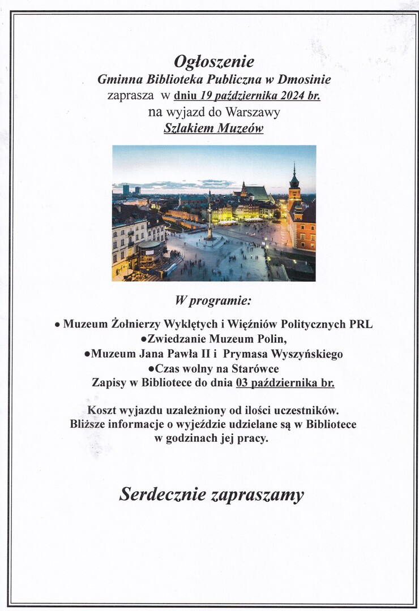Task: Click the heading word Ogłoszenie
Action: coord(214,61)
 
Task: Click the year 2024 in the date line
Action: coord(293,96)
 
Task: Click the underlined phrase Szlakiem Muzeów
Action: coord(213,128)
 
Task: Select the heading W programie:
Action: coord(213,300)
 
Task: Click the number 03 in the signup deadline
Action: coord(242,383)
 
